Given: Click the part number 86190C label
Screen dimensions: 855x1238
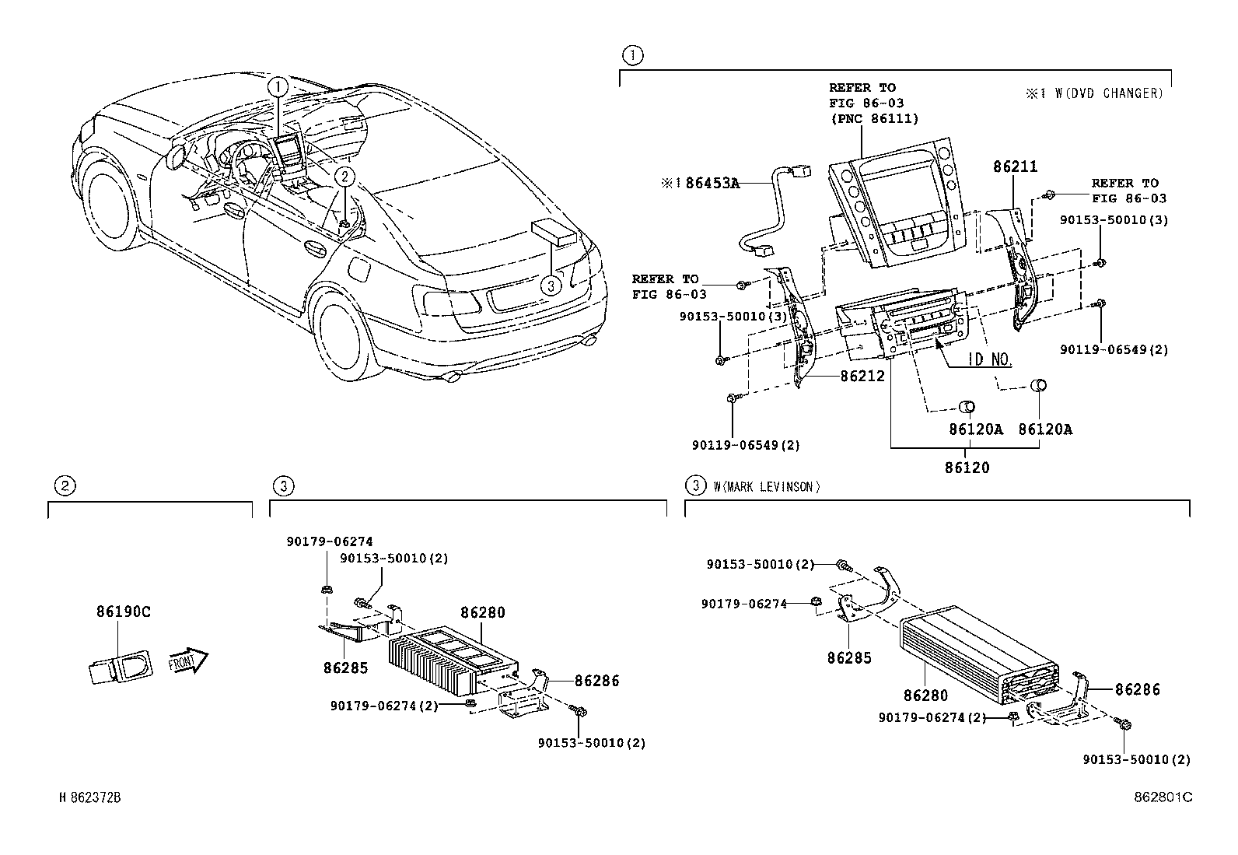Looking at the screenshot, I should pyautogui.click(x=123, y=611).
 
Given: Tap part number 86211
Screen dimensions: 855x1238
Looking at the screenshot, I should pyautogui.click(x=1015, y=166).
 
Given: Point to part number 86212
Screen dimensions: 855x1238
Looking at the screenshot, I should pyautogui.click(x=862, y=377).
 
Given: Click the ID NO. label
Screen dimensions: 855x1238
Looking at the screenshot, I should pyautogui.click(x=989, y=359).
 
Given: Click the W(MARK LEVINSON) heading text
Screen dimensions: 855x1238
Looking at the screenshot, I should pyautogui.click(x=766, y=487).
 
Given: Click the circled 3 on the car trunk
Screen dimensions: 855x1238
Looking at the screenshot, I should pyautogui.click(x=550, y=286).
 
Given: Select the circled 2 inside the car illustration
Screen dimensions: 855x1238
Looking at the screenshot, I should pyautogui.click(x=345, y=177).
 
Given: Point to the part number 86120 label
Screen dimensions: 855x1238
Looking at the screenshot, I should pyautogui.click(x=967, y=468).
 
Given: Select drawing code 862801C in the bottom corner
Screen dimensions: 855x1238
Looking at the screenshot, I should pyautogui.click(x=1163, y=797).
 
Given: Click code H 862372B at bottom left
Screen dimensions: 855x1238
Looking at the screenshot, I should pyautogui.click(x=90, y=797).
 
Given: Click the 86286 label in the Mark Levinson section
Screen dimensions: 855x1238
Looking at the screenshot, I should pyautogui.click(x=1137, y=689).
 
